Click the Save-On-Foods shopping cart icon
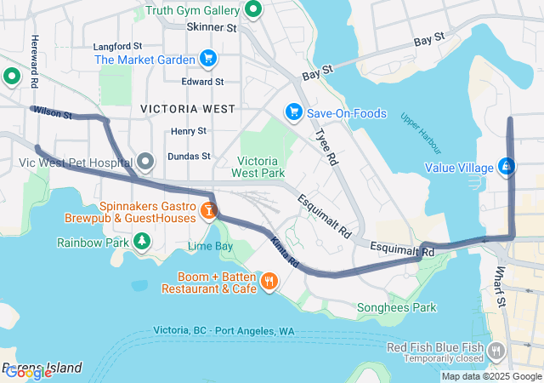tap(293, 112)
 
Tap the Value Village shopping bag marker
tap(507, 167)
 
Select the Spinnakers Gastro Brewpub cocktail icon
tap(208, 208)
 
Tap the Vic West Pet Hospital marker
tap(145, 161)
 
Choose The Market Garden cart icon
tap(207, 59)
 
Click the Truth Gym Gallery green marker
tap(252, 10)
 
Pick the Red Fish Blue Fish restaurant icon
tap(496, 351)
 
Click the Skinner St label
tap(211, 27)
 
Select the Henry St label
tap(188, 131)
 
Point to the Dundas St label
tap(189, 157)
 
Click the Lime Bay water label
tap(210, 246)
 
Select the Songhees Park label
tap(396, 307)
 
